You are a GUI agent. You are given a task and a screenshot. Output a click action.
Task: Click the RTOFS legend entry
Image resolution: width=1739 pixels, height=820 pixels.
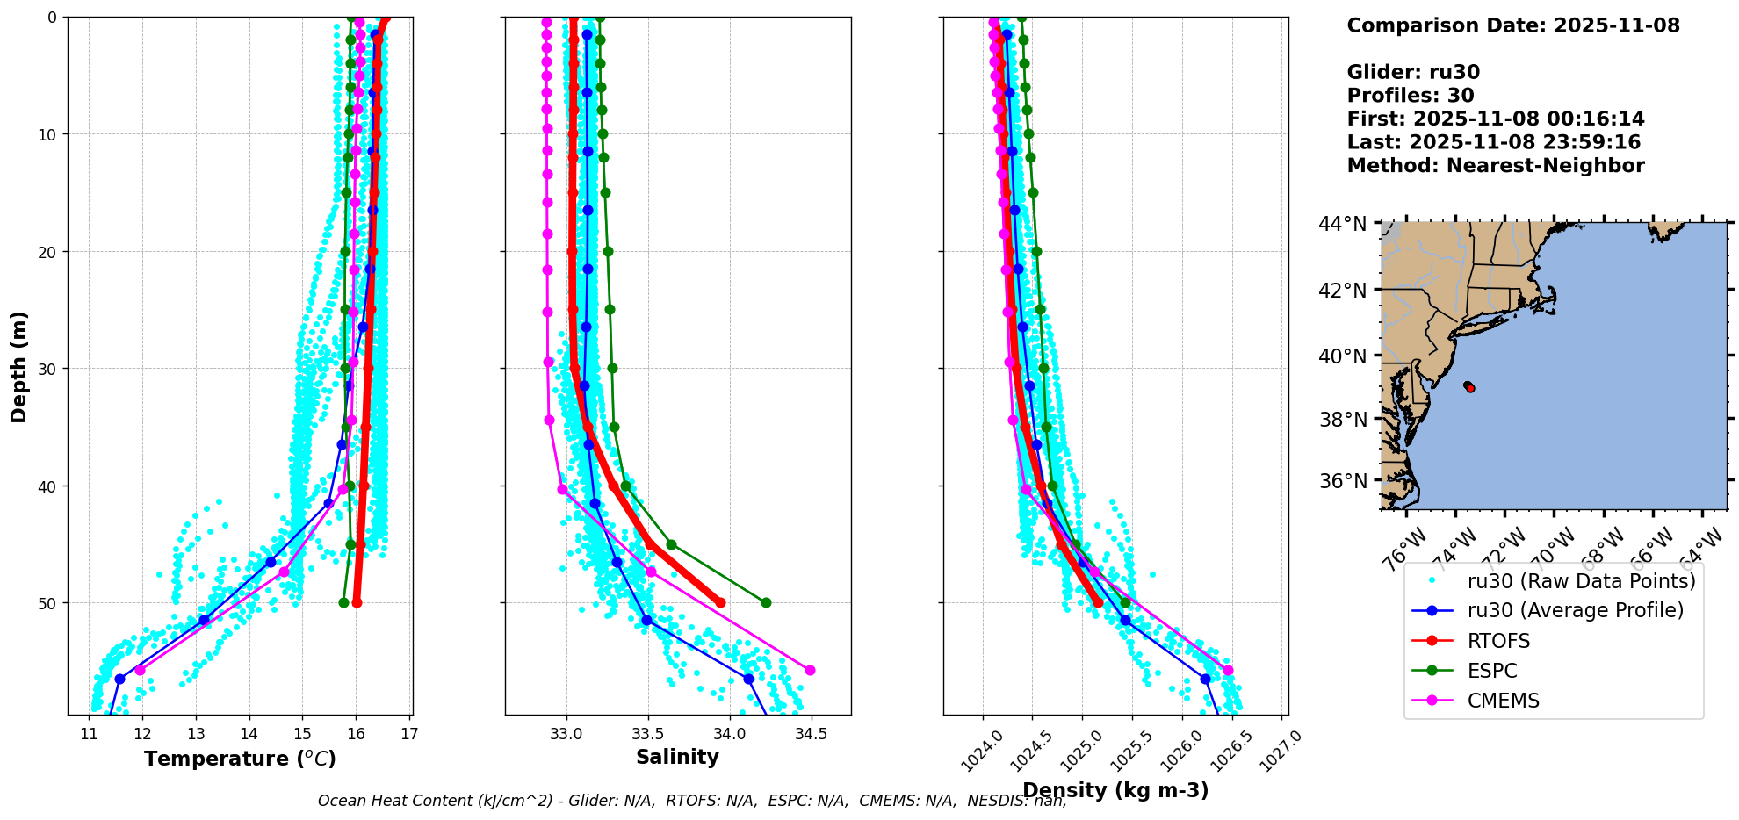[1498, 641]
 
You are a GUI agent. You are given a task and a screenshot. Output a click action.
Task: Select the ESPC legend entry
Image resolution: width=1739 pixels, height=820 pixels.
[1492, 671]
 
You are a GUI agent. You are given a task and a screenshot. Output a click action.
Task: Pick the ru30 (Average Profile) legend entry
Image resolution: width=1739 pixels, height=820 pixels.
[1575, 610]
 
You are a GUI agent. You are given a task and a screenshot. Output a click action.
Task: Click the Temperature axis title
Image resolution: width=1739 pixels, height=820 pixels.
[240, 759]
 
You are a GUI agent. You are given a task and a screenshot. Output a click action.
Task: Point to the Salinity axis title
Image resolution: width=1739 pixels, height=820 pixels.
[677, 757]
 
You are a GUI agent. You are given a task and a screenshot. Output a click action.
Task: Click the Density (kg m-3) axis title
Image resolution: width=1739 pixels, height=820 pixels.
[1115, 790]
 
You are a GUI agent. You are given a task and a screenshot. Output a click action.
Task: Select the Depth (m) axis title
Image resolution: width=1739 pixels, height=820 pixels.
[19, 366]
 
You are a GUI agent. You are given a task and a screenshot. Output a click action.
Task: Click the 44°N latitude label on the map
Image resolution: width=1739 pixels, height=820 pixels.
[1342, 225]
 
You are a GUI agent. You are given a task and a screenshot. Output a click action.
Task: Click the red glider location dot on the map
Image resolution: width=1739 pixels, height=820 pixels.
[1470, 387]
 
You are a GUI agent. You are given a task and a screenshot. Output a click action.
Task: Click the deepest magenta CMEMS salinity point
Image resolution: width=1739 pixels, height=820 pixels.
[810, 670]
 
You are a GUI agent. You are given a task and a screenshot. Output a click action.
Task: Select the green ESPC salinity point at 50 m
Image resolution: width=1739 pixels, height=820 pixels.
[766, 602]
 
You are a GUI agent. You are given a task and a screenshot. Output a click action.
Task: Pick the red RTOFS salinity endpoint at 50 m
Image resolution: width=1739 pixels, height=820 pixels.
[720, 602]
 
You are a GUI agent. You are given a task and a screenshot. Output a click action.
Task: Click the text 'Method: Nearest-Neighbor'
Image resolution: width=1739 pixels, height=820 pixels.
[1495, 165]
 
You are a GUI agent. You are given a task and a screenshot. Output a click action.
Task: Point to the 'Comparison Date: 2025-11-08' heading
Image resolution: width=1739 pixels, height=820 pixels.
[1512, 25]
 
